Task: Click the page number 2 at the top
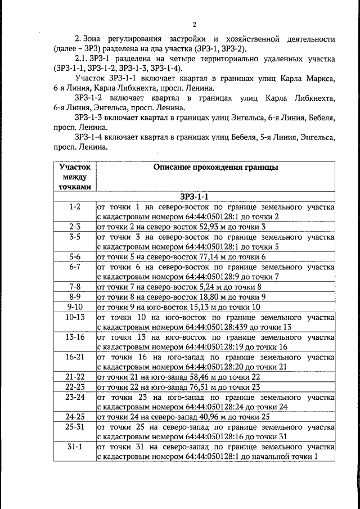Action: click(194, 25)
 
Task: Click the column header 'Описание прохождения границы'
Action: click(215, 167)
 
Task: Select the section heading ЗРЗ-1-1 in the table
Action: click(194, 197)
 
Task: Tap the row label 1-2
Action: click(75, 207)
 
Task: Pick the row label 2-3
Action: click(75, 227)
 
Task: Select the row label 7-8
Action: click(75, 286)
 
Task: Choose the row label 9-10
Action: click(75, 307)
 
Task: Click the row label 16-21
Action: click(75, 357)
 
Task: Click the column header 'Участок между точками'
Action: click(75, 176)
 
